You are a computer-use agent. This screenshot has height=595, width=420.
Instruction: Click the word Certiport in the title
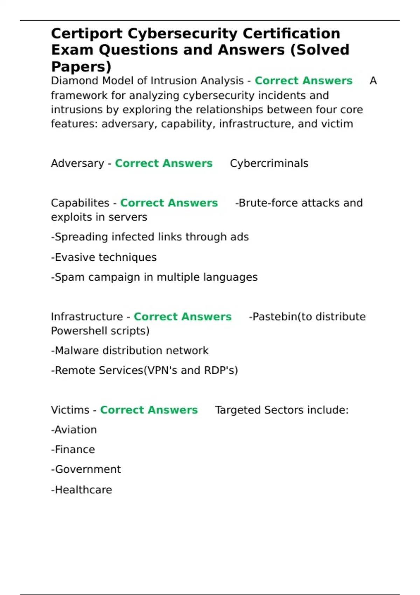tap(87, 34)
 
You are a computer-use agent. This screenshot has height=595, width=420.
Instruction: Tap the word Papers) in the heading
tap(81, 66)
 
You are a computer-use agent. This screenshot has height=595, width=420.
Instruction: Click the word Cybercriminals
tap(269, 163)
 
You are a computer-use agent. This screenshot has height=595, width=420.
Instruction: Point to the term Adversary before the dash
tap(77, 163)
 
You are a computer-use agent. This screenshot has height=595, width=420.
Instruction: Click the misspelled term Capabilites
tap(80, 203)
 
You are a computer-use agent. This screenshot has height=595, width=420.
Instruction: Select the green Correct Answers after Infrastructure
tap(182, 317)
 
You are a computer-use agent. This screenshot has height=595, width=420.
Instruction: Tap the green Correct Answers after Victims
tap(149, 410)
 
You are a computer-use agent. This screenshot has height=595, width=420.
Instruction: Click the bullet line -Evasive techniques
tap(104, 258)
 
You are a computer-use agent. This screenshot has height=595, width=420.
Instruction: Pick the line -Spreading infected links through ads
tap(150, 237)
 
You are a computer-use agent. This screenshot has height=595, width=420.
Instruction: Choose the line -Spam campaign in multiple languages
tap(154, 277)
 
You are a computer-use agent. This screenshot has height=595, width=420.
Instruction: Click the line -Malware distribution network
tap(129, 351)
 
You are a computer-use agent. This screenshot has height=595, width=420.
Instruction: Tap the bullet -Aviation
tap(74, 430)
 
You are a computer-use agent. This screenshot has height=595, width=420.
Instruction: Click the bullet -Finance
tap(73, 450)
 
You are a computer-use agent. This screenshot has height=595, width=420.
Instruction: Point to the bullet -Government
tap(86, 469)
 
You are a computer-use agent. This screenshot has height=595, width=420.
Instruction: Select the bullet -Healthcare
tap(81, 490)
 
